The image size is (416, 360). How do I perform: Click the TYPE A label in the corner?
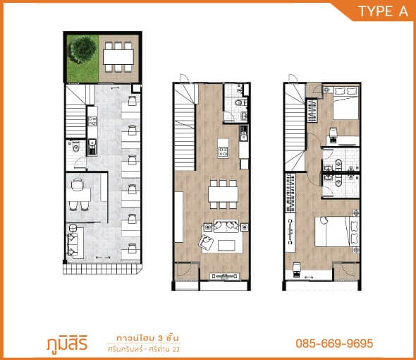coord(383,11)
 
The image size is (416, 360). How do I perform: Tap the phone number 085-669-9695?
coord(334,343)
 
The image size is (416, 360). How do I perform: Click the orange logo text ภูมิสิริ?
coord(67,344)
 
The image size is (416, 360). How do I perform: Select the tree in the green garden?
coord(82,50)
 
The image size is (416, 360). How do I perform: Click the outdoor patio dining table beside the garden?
coord(118,57)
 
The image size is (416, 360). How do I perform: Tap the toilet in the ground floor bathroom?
coord(76,147)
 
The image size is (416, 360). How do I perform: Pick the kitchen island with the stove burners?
coord(223,148)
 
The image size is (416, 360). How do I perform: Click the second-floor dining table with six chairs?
coord(223,194)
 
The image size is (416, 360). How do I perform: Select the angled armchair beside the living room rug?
coord(206,242)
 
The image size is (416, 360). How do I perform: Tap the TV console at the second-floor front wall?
coord(225,276)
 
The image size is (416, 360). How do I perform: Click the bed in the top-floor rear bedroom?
coord(345,103)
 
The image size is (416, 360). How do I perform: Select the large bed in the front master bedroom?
coord(337,232)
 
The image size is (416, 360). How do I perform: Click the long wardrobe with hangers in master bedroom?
coord(290,193)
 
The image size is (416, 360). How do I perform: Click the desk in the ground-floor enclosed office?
coord(78,195)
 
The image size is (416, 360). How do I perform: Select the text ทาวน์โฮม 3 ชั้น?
coord(147,338)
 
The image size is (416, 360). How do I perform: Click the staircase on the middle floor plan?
coord(185,128)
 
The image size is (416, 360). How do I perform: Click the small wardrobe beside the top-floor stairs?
coord(312,111)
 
